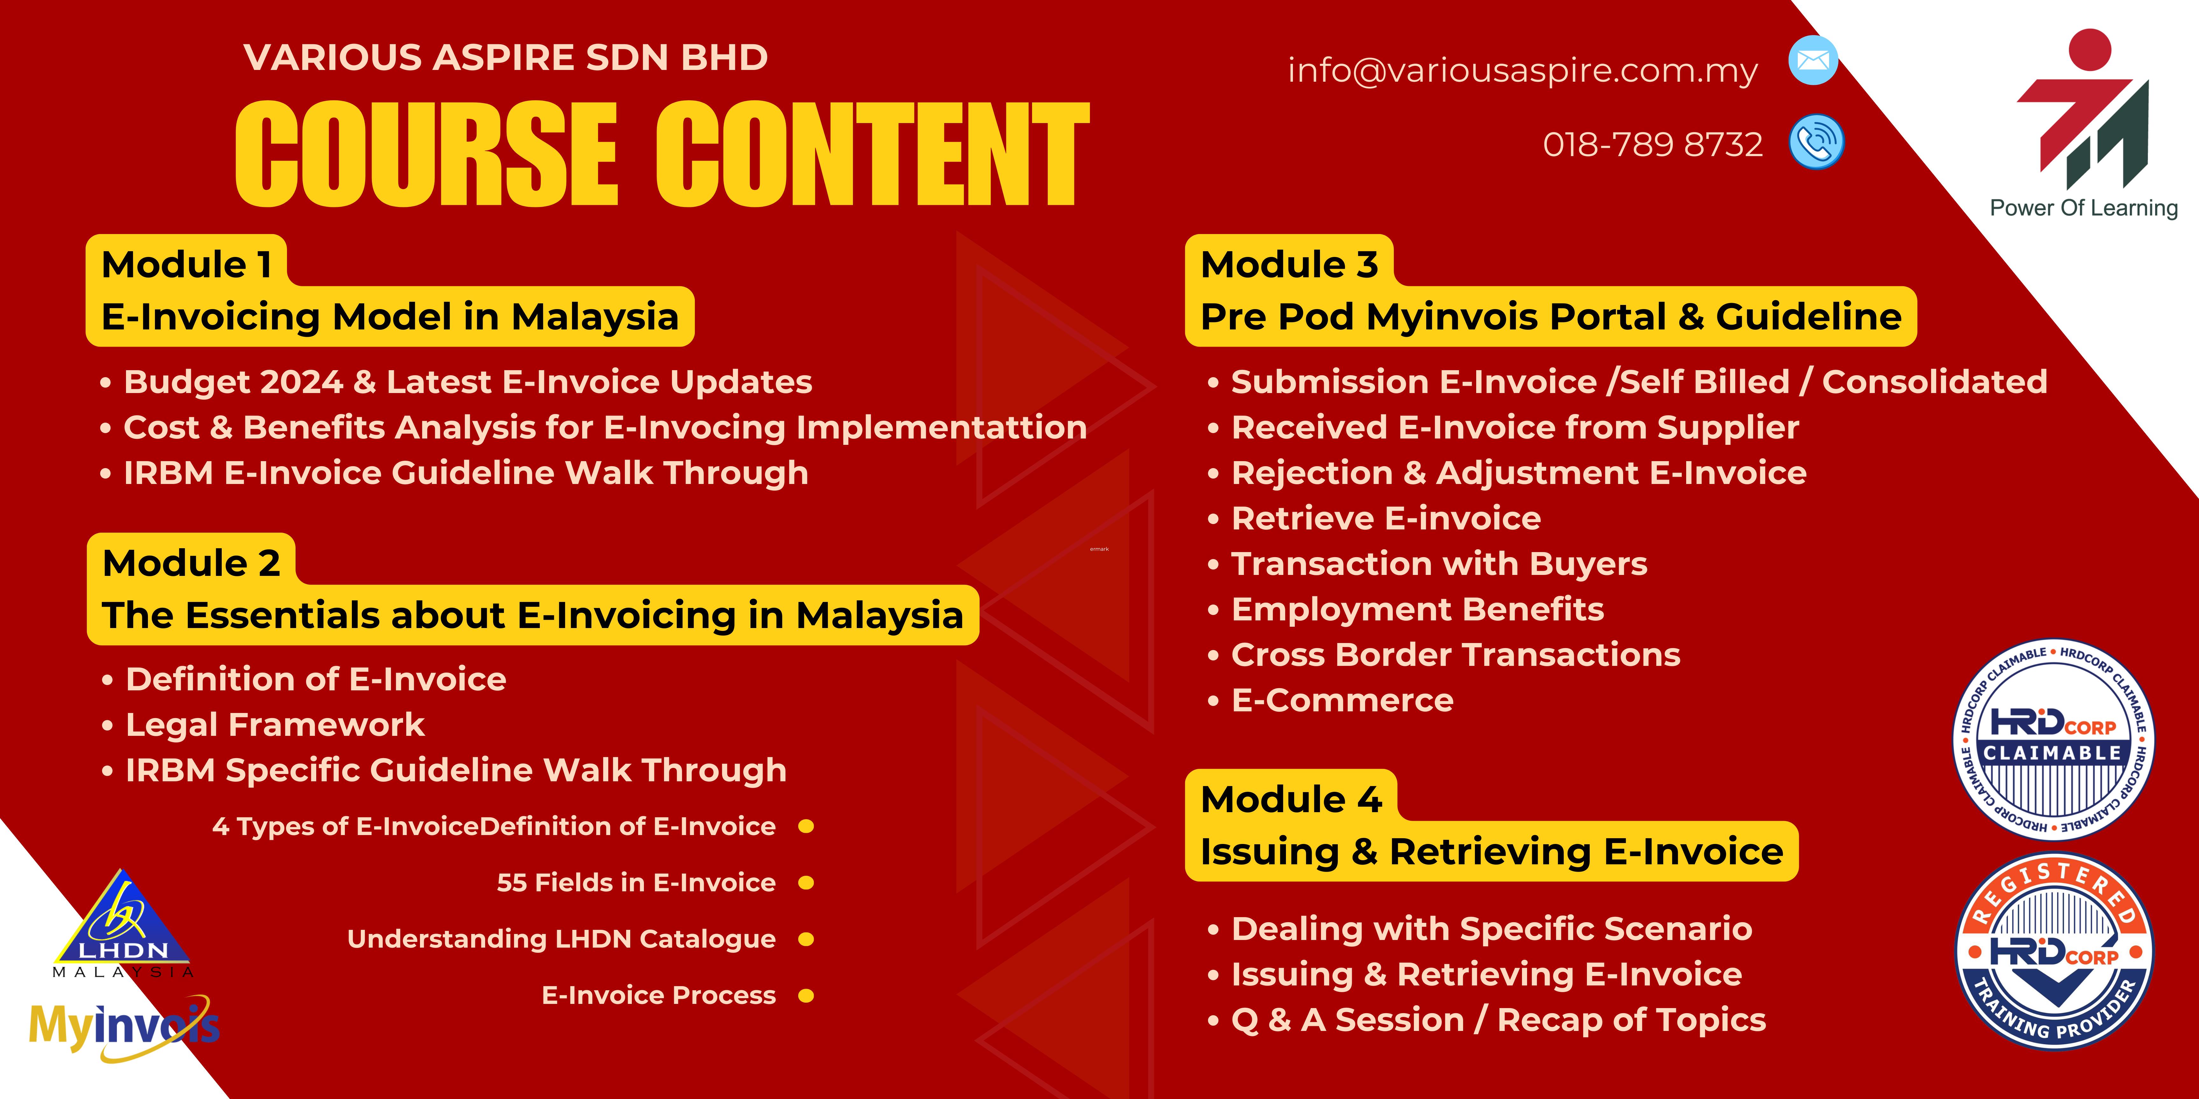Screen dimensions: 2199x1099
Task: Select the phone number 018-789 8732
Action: pyautogui.click(x=1653, y=144)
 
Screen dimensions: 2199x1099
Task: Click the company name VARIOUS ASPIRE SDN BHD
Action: pyautogui.click(x=505, y=57)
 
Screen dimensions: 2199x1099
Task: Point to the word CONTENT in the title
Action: pyautogui.click(x=872, y=154)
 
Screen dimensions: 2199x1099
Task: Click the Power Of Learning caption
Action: pyautogui.click(x=2084, y=208)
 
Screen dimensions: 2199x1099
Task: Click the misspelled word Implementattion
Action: pyautogui.click(x=942, y=427)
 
